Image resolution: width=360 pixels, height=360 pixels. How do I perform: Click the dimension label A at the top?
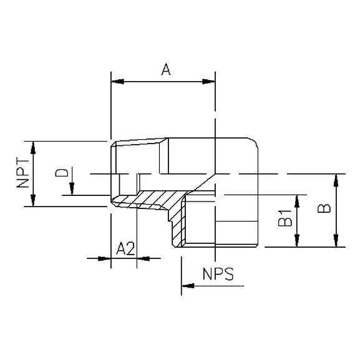coord(166,69)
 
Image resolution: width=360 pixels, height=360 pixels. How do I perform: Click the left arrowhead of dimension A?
coord(116,81)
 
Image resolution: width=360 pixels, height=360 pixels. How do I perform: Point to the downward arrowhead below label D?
coord(72,191)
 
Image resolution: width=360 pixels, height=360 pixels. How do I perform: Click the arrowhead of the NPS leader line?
coord(186,286)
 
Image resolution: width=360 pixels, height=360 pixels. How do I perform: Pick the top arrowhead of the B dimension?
coord(337,178)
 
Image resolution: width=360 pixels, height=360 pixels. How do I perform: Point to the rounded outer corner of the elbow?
coord(257,145)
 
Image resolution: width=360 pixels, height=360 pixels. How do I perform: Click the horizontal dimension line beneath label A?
coord(163,81)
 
